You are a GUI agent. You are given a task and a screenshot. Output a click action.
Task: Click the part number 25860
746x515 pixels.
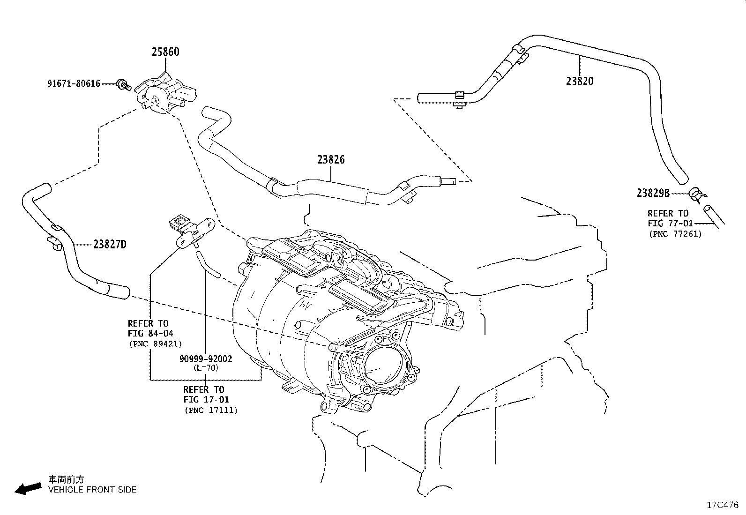[x=165, y=52]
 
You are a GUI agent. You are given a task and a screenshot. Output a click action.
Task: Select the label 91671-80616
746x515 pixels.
[x=74, y=83]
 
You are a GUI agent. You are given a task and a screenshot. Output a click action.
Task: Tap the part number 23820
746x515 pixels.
[x=580, y=81]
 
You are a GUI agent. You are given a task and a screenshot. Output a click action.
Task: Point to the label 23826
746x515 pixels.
[x=331, y=160]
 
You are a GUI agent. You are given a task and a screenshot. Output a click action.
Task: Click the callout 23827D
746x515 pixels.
[x=110, y=245]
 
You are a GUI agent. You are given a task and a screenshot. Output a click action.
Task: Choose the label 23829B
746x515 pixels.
[x=653, y=193]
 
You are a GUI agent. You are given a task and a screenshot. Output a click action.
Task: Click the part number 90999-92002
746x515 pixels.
[x=206, y=359]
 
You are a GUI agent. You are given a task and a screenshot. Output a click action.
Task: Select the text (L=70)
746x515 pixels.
[x=206, y=368]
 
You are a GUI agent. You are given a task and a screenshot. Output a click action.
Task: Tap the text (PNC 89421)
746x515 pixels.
[x=156, y=344]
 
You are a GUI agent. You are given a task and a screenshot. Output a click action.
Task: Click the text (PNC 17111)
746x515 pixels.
[x=211, y=410]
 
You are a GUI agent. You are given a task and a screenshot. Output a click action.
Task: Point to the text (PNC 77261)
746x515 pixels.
[x=675, y=234]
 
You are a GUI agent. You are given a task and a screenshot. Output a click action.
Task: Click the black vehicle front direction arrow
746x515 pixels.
[x=28, y=489]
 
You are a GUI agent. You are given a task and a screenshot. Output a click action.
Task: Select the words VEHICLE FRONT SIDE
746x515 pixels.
[x=92, y=490]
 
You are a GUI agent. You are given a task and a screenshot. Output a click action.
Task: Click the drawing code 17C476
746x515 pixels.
[x=723, y=505]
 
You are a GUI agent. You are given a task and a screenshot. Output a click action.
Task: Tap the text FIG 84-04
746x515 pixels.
[x=150, y=334]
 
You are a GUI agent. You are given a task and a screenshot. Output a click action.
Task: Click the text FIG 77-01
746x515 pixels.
[x=670, y=223]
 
